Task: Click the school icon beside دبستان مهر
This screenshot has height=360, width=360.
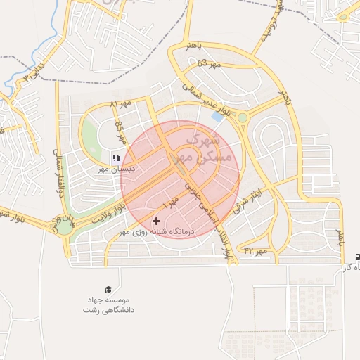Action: tap(115, 158)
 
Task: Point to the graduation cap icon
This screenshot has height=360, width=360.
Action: tap(108, 290)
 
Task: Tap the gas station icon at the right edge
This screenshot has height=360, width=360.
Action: tap(359, 257)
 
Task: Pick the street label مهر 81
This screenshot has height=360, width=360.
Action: tap(121, 105)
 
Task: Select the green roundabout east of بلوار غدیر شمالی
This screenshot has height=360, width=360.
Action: tap(243, 118)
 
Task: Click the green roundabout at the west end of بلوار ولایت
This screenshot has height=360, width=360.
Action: tap(65, 226)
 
